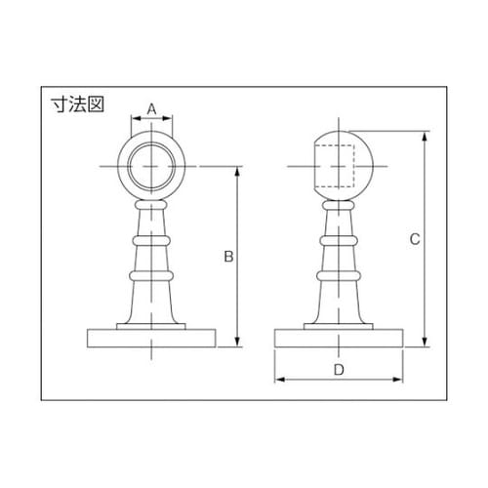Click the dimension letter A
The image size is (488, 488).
tap(152, 108)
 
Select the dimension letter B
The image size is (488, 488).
tap(226, 257)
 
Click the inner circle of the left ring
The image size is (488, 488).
tap(152, 167)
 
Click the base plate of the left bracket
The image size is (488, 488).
tap(152, 339)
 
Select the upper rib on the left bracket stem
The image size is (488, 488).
tap(152, 237)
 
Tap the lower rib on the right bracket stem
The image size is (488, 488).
tap(339, 277)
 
